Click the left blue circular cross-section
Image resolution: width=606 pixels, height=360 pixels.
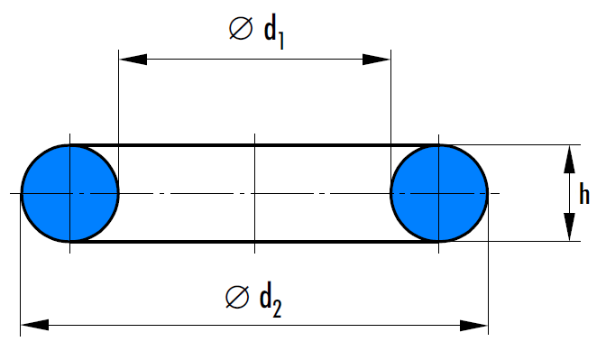(x=70, y=193)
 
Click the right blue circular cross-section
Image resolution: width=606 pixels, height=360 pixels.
(x=439, y=193)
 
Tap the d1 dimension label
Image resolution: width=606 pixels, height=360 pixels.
(x=273, y=33)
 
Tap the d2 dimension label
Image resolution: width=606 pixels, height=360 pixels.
(x=271, y=301)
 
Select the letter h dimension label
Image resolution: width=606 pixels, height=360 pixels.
(x=584, y=194)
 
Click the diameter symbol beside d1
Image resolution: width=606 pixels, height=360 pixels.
(x=241, y=28)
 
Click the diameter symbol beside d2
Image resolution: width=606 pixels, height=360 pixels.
(x=237, y=298)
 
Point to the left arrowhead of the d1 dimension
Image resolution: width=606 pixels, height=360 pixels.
(x=133, y=60)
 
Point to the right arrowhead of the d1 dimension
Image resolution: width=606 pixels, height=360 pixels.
(x=376, y=60)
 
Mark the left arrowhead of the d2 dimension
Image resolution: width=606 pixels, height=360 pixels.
(x=35, y=325)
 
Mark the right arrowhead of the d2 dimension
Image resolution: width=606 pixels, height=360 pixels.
(x=473, y=325)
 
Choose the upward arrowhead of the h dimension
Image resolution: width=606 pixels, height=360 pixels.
(x=569, y=160)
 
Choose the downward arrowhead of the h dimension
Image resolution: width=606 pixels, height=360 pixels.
(x=569, y=226)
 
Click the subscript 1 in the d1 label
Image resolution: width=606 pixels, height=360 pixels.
(x=281, y=41)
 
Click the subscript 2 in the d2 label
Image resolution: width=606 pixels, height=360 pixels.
(x=277, y=309)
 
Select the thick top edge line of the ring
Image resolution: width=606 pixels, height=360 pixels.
(x=254, y=145)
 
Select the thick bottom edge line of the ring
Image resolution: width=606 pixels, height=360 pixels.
(x=254, y=242)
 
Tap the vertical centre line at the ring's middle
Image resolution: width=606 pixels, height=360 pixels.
(x=254, y=193)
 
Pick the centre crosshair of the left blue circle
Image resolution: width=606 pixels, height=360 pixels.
(x=70, y=193)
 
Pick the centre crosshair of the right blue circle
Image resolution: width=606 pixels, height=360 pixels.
(x=438, y=193)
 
